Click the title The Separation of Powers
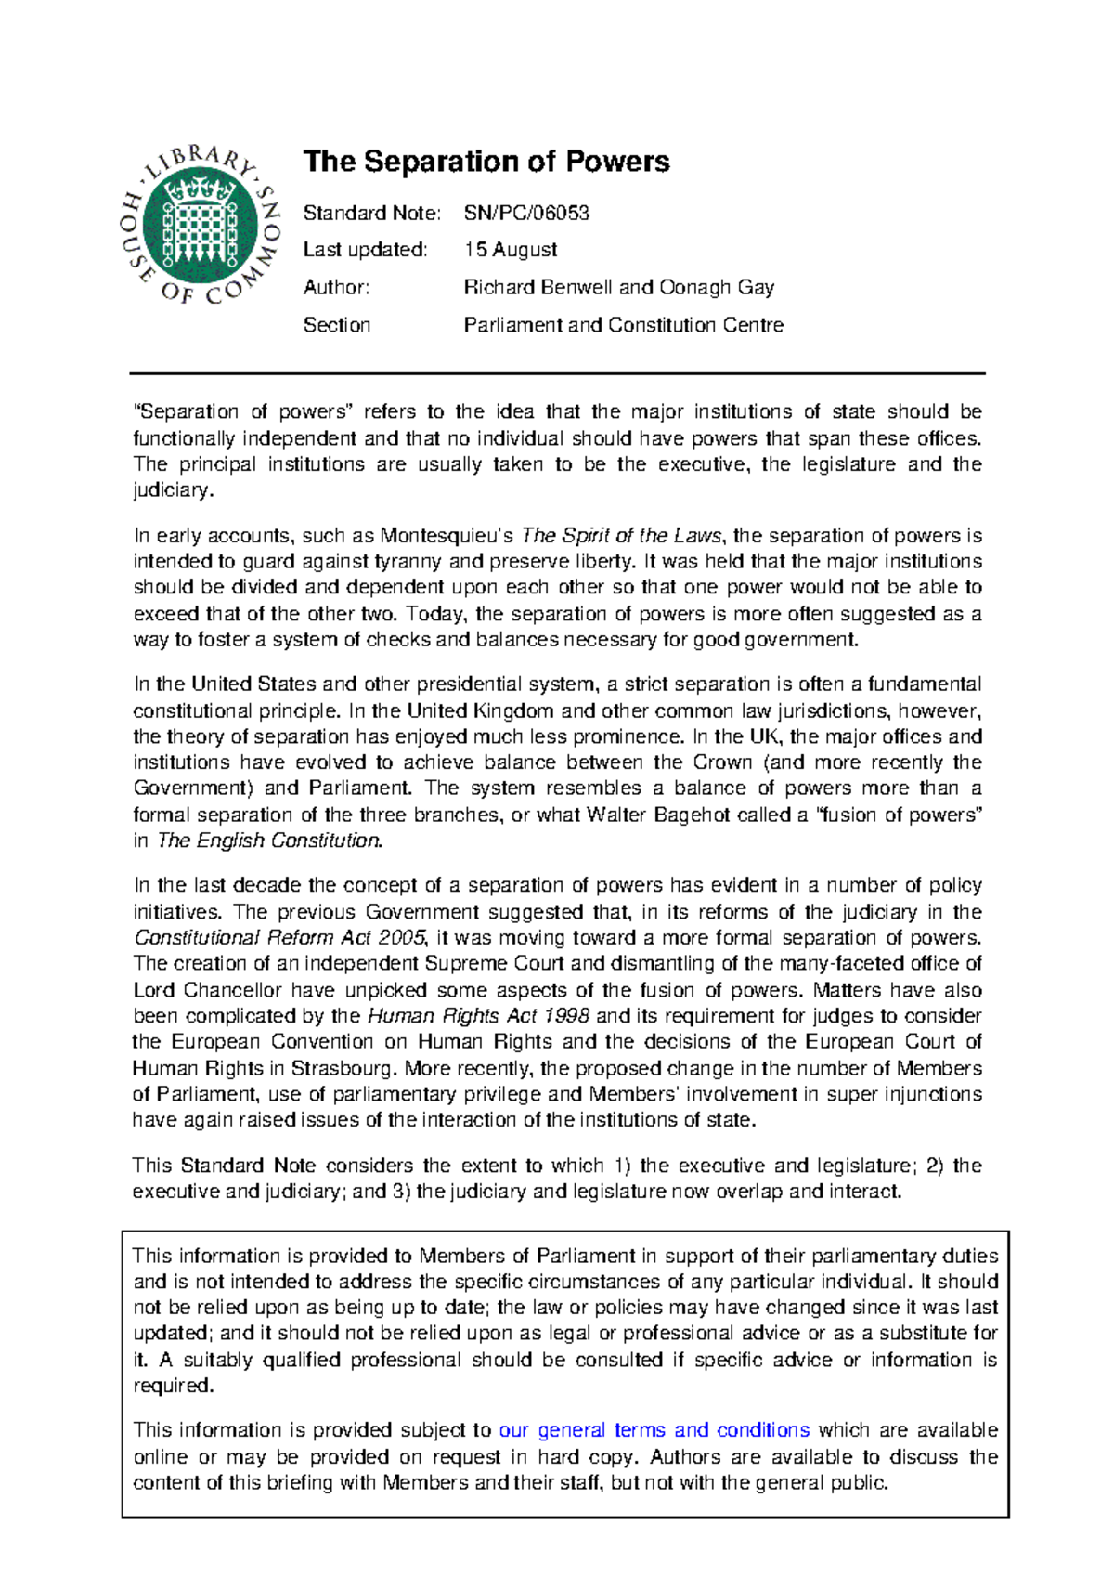pos(486,162)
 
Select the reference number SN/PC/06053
pos(526,213)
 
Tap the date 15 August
pos(511,250)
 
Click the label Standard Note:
pos(371,213)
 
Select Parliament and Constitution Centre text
pos(623,325)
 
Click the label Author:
pos(336,288)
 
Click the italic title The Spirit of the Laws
pos(621,536)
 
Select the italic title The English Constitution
pos(269,841)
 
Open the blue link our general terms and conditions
pos(654,1430)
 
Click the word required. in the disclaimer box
pos(174,1386)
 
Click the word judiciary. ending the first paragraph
pos(174,490)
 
